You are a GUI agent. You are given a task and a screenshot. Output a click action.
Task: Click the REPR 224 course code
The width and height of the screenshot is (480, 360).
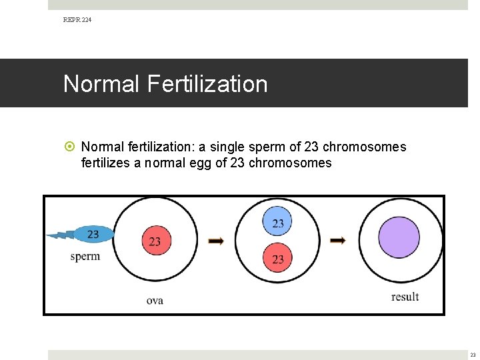[x=77, y=20]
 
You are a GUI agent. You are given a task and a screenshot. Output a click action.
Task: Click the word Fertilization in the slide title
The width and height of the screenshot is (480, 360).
[x=209, y=84]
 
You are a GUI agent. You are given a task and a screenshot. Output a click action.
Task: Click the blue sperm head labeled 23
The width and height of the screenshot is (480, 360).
[x=93, y=234]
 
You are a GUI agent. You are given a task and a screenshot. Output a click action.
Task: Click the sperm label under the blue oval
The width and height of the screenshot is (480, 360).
[x=85, y=257]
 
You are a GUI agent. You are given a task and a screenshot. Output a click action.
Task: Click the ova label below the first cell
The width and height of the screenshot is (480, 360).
[x=155, y=301]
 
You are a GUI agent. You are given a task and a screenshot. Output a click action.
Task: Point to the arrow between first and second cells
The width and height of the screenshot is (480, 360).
[x=216, y=241]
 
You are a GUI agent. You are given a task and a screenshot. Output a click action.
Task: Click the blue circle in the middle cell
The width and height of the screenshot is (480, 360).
[x=278, y=223]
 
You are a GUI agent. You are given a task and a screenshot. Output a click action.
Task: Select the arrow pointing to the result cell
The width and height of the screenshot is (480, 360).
[x=338, y=241]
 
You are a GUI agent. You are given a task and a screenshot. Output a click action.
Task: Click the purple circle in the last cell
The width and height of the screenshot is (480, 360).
[x=399, y=238]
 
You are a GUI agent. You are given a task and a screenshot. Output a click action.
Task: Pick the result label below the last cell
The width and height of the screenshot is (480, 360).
[x=405, y=297]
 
